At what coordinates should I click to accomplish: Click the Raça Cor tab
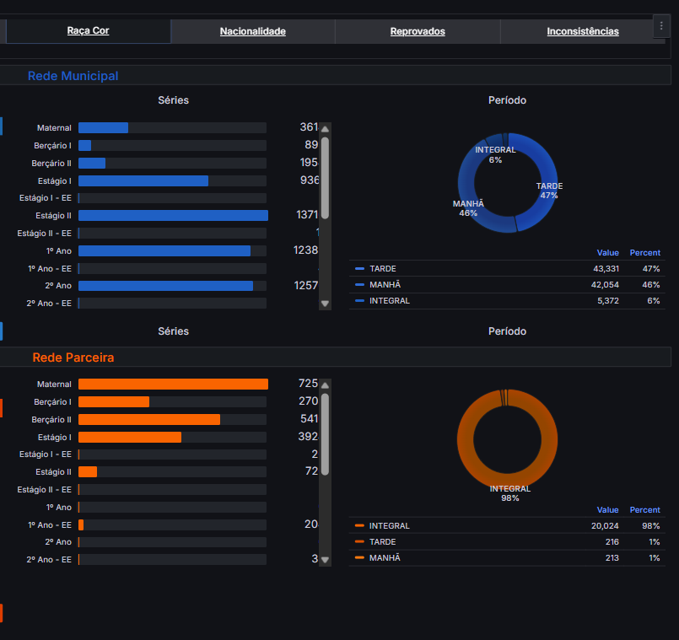[88, 31]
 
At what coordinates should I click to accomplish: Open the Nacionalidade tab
[252, 32]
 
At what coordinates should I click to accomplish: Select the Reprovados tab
[418, 32]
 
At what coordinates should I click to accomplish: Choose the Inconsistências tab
[582, 32]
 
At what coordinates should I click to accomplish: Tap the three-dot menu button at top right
[660, 27]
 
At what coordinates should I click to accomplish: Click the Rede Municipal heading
[73, 76]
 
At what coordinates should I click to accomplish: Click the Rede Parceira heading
[73, 358]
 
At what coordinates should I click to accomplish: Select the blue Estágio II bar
[173, 216]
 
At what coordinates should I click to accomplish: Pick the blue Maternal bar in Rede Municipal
[103, 128]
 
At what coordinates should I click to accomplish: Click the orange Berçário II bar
[149, 420]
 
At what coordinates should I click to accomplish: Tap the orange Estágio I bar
[130, 438]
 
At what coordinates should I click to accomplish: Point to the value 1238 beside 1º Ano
[305, 250]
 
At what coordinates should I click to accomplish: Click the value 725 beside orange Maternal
[308, 384]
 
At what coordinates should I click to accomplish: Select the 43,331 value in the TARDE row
[606, 268]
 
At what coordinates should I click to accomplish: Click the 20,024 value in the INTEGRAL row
[606, 525]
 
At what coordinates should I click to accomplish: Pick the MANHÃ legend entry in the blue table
[385, 284]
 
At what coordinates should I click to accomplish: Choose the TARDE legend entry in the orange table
[382, 541]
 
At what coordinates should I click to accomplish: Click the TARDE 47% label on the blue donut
[549, 191]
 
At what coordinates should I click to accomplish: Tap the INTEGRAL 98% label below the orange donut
[510, 493]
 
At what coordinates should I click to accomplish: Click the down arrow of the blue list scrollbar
[325, 303]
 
